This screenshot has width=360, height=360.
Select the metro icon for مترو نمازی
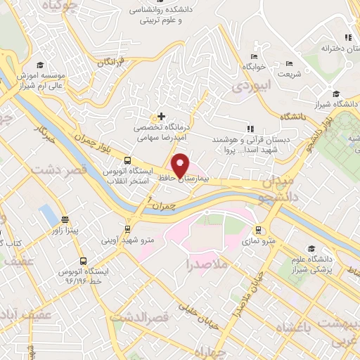(259, 229)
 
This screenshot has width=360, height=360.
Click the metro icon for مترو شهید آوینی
(127, 229)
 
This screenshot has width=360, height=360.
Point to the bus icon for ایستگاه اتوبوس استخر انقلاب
(127, 160)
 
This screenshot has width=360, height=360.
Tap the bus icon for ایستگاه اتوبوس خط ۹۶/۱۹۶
(84, 262)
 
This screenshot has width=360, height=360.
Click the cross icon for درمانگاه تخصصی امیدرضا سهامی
(162, 116)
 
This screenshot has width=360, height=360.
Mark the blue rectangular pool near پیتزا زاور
(47, 212)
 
